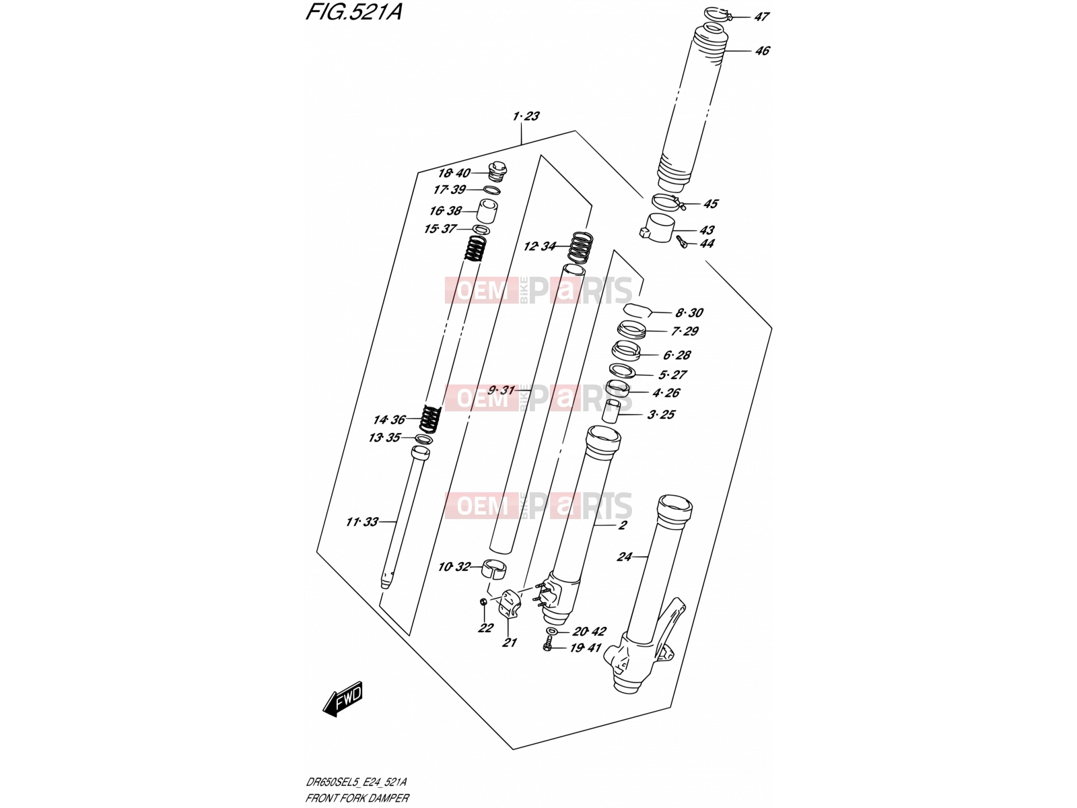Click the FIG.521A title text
(x=354, y=11)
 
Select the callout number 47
(x=761, y=17)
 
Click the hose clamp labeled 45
(x=669, y=201)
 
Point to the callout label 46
(x=762, y=50)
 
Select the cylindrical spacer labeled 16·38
(x=488, y=212)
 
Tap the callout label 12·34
(x=540, y=246)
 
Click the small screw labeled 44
(x=681, y=242)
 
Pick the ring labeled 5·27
(x=623, y=370)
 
